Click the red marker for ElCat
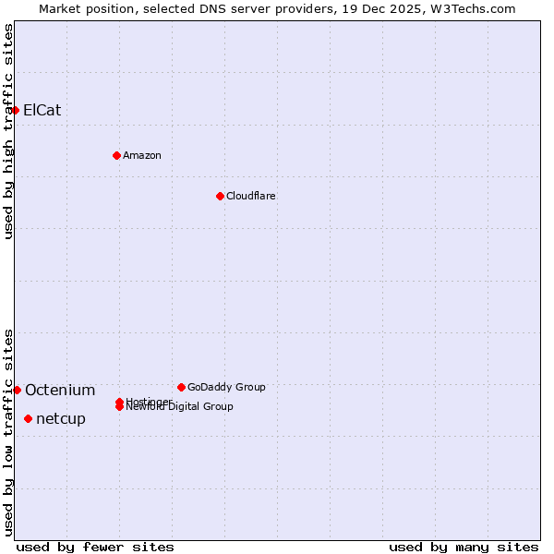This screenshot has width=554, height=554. [15, 110]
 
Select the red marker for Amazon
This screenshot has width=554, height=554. [116, 155]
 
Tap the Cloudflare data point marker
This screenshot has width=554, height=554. [220, 196]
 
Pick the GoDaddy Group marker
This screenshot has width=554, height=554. [181, 387]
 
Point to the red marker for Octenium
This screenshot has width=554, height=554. [17, 390]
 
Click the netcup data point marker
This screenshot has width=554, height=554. [28, 418]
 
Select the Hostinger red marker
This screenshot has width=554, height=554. [119, 402]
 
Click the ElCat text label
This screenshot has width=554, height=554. [42, 110]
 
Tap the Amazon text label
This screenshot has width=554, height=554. [142, 155]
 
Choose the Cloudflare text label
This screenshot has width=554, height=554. [251, 196]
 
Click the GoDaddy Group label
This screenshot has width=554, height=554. [226, 387]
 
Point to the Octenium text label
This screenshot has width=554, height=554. [60, 390]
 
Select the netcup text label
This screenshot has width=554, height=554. [61, 418]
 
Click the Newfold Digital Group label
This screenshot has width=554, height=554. [181, 407]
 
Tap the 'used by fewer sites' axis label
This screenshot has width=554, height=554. [95, 547]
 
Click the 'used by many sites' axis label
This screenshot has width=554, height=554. [464, 547]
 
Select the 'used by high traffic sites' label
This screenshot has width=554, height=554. [8, 131]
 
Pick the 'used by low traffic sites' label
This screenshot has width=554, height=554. [8, 432]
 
